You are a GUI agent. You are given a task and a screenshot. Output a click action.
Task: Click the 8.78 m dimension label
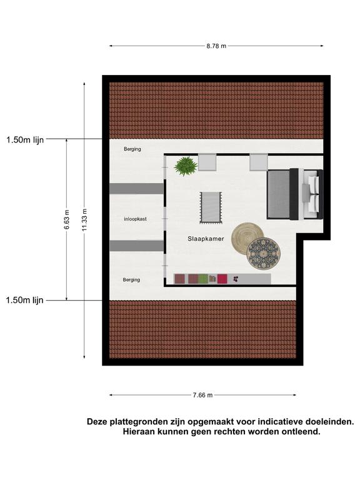coord(216,46)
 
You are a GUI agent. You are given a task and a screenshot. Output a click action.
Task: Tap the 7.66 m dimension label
coord(202,395)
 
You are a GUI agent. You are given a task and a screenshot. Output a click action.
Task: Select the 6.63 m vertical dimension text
coord(67,219)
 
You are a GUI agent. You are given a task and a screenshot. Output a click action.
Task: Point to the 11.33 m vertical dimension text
coord(85,219)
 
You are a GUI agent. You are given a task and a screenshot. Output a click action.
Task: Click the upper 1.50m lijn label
coord(25,140)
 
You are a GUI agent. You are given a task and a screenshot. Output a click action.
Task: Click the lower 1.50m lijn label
coord(24,300)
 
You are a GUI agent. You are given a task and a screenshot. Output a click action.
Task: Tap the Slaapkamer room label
coord(206,239)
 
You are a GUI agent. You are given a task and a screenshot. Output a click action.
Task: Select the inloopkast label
coord(135,219)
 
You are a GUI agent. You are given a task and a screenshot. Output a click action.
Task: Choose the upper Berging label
coord(132,149)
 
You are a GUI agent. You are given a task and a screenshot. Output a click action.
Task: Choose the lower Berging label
coord(131,280)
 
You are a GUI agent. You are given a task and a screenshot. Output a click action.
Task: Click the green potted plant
coord(186,166)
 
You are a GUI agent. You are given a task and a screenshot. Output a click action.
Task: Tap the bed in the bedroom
coord(295,194)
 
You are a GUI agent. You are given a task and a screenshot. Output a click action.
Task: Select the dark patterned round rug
coord(264,254)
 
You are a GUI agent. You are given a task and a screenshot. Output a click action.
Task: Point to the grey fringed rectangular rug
coord(211,208)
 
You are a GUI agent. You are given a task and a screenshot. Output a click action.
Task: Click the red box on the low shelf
coord(222,279)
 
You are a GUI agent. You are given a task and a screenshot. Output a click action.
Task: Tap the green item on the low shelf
coord(203,279)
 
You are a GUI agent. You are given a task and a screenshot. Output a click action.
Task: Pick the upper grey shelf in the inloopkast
coord(136,189)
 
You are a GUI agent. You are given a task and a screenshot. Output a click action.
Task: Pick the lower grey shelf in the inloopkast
coord(136,246)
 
